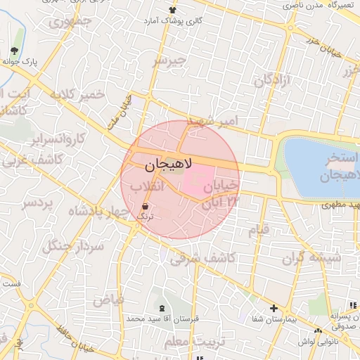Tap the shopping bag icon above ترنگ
coord(145,206)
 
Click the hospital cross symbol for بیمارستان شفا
coord(274,308)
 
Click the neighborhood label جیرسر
coord(171,60)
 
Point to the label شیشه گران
coord(311,257)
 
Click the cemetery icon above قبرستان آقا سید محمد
coord(163,308)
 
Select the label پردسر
coord(38,204)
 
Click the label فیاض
coord(109,299)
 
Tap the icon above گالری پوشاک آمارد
coord(173,10)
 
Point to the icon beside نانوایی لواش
coord(319,331)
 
